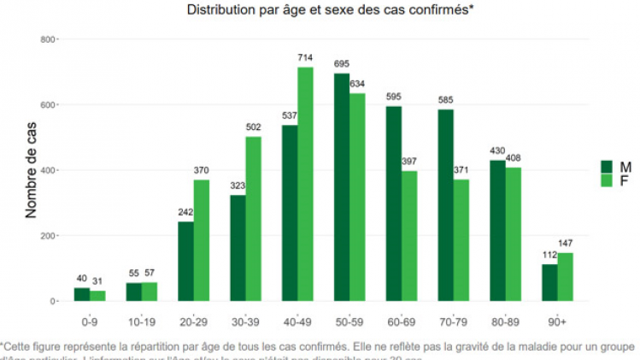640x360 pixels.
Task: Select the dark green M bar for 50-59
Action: [x=341, y=187]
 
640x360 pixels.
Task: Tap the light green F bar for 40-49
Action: [x=305, y=184]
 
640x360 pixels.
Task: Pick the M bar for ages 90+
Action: [x=549, y=283]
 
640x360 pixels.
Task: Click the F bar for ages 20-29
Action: [x=202, y=240]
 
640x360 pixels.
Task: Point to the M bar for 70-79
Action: [x=445, y=205]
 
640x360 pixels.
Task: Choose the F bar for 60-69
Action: [x=408, y=236]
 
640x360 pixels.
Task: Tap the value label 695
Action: [x=341, y=65]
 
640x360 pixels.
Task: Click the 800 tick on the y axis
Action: [x=49, y=40]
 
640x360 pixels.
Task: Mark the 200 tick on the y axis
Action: [x=49, y=236]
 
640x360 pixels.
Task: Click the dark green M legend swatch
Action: [x=608, y=166]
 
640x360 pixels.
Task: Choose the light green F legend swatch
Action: [x=608, y=180]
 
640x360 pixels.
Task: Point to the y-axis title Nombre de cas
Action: [x=31, y=171]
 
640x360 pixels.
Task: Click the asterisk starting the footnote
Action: [x=3, y=345]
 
